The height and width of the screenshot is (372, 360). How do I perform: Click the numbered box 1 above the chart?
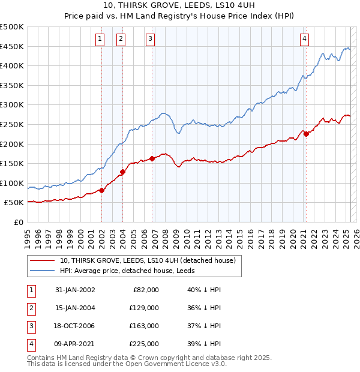[x=100, y=39]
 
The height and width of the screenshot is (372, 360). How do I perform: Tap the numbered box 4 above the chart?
[x=305, y=39]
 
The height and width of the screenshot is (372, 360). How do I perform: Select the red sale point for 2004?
[x=122, y=172]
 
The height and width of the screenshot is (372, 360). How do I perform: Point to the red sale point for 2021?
[x=306, y=134]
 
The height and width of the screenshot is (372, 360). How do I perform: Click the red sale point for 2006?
[x=152, y=158]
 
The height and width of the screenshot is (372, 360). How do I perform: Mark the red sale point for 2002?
[x=101, y=190]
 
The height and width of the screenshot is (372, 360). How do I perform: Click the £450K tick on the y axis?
[x=12, y=46]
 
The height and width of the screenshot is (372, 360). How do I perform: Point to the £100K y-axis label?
[x=12, y=183]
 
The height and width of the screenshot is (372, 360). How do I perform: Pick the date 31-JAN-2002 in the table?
[x=75, y=290]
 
